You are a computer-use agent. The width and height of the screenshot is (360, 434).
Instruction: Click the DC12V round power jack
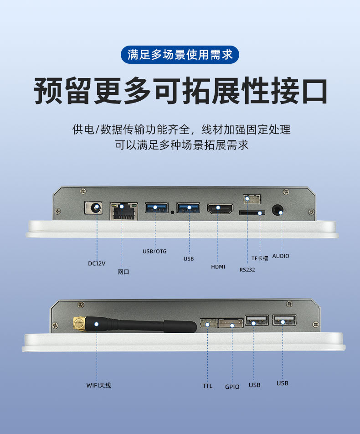(x=93, y=207)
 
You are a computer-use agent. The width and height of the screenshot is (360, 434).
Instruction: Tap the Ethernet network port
(x=124, y=211)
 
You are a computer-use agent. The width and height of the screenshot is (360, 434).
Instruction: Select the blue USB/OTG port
(x=157, y=208)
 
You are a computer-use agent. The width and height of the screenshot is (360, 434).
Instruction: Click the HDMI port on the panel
(x=220, y=209)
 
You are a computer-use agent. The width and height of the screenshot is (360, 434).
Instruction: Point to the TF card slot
(x=252, y=212)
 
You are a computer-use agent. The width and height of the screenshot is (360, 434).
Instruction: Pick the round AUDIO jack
(x=278, y=210)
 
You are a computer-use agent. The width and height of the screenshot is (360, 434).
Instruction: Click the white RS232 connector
(x=252, y=199)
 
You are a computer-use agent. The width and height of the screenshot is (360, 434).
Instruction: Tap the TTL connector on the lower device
(x=209, y=323)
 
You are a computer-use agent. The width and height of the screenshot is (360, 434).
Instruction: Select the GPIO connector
(x=231, y=323)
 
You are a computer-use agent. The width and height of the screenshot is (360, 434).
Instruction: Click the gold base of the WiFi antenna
(x=80, y=325)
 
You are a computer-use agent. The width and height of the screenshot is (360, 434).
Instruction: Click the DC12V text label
(x=97, y=263)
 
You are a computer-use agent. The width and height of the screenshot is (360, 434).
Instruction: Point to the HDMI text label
(x=218, y=267)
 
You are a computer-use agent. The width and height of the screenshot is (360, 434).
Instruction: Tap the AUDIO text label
(x=281, y=256)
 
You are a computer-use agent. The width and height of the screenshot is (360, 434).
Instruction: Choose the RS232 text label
(x=247, y=269)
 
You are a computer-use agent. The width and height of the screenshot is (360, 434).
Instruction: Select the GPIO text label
(x=232, y=387)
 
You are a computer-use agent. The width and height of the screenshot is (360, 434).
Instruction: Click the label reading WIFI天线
(x=98, y=385)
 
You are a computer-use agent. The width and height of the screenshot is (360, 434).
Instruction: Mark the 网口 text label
(x=123, y=272)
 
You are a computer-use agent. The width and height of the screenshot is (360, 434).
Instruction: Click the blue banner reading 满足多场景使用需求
(x=180, y=55)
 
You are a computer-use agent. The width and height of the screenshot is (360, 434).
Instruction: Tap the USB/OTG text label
(x=154, y=251)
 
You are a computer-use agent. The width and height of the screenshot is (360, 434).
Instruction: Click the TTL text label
(x=207, y=386)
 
